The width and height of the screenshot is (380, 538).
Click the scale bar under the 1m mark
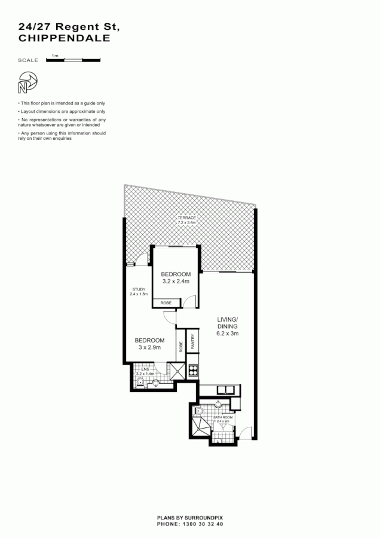[x=72, y=60]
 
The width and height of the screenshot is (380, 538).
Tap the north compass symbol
[x=27, y=82]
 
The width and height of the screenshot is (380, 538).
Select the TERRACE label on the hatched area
[x=186, y=218]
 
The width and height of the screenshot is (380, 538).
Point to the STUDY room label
[x=139, y=289]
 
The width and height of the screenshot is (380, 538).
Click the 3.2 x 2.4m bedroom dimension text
[x=176, y=282]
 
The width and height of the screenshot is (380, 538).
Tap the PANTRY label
[x=192, y=341]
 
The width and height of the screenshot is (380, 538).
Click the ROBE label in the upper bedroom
[x=166, y=304]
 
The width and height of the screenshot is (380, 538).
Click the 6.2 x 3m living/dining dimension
[x=228, y=334]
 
